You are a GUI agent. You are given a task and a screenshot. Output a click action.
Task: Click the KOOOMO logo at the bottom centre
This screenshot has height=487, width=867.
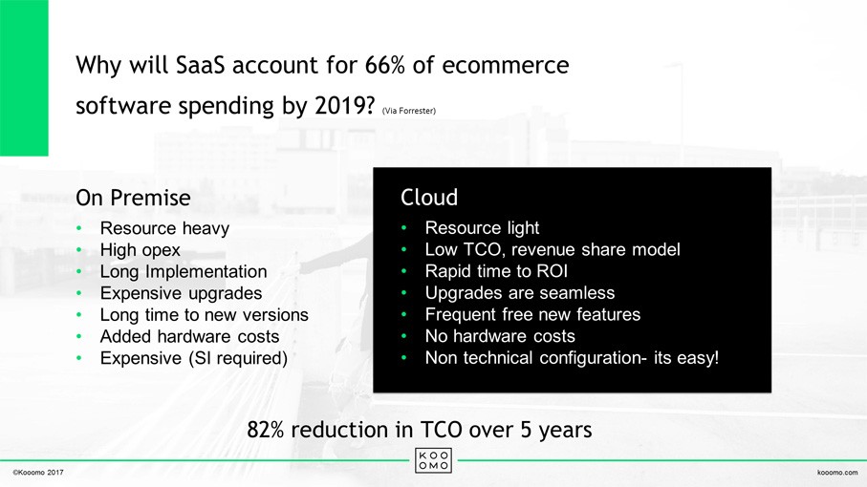[x=433, y=460]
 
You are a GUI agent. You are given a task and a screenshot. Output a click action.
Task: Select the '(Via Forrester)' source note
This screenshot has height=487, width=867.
[x=408, y=111]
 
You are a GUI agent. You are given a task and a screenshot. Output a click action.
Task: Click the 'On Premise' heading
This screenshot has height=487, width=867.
[x=133, y=198]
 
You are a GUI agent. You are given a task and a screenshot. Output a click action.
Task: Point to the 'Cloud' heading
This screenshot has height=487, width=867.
[x=429, y=197]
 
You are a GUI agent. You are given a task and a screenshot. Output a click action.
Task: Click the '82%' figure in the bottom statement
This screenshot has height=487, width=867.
[x=266, y=430]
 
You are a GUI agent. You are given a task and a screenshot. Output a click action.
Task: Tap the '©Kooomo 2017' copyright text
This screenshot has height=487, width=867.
[x=38, y=472]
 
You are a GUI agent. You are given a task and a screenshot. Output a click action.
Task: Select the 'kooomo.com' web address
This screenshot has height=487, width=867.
[x=837, y=472]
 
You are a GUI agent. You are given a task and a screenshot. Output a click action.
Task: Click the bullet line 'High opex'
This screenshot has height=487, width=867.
[x=140, y=250]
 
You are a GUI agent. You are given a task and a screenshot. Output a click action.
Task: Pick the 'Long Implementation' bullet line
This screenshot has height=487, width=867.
[x=183, y=271]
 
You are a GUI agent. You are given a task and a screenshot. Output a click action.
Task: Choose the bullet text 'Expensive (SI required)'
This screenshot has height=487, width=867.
[x=193, y=358]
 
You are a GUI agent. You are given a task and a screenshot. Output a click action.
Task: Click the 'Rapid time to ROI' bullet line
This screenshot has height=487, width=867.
[x=496, y=271]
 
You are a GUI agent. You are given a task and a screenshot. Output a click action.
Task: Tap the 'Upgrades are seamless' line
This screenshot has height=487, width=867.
[x=520, y=292]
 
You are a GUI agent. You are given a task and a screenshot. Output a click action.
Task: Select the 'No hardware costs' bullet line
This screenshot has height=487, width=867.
[x=500, y=336]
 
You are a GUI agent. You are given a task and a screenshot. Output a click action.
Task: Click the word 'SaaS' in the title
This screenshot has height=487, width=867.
[x=200, y=65]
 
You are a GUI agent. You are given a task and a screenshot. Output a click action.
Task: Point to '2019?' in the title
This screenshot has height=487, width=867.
[x=344, y=105]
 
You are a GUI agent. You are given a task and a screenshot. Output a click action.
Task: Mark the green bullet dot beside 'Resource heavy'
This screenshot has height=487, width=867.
[x=79, y=228]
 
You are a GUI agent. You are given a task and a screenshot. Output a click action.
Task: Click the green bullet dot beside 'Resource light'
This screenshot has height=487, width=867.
[x=404, y=227]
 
